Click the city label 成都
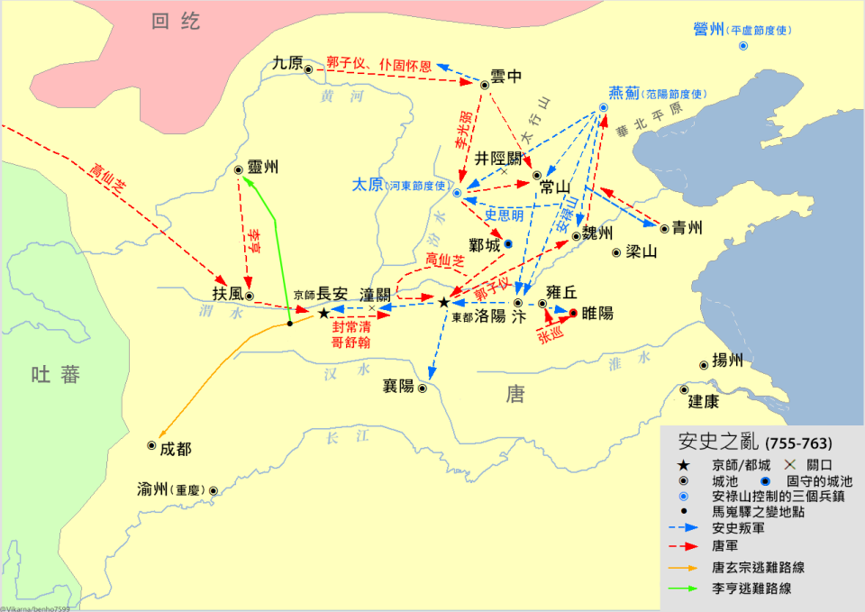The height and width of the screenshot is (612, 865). click(x=177, y=448)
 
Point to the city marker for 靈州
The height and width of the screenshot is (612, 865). click(x=239, y=169)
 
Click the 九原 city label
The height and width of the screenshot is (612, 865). click(x=287, y=64)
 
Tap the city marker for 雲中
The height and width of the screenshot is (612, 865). click(x=485, y=85)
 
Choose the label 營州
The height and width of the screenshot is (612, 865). click(x=709, y=30)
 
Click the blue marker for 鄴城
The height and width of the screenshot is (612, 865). click(x=508, y=244)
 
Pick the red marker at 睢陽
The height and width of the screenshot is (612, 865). click(x=573, y=314)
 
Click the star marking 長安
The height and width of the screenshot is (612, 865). click(x=323, y=313)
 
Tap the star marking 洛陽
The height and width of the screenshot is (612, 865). click(x=443, y=302)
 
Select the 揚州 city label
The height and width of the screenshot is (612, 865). click(x=727, y=361)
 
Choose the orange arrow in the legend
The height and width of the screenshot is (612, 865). click(x=688, y=568)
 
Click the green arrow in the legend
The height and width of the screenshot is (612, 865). click(x=688, y=589)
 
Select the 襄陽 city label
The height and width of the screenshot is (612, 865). click(x=398, y=386)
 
